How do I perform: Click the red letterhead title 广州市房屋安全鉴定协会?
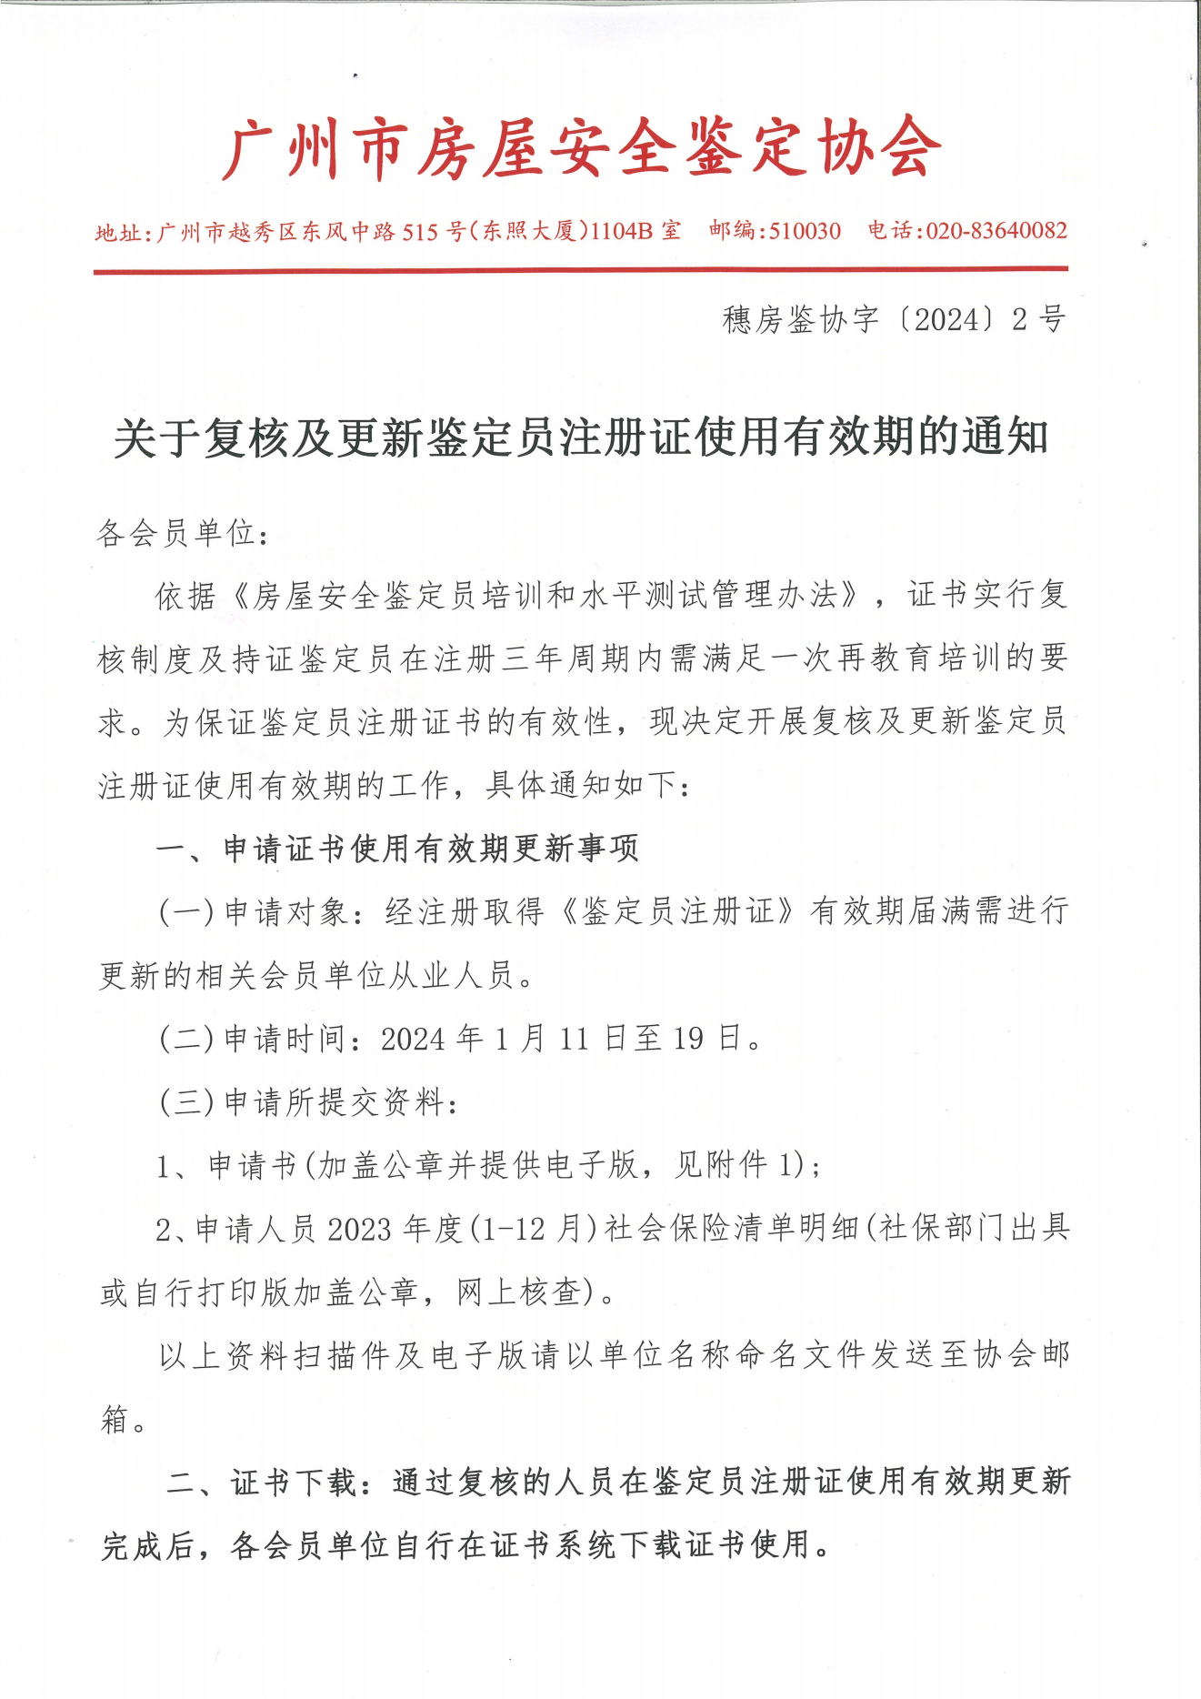pyautogui.click(x=582, y=147)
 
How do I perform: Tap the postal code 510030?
pyautogui.click(x=805, y=231)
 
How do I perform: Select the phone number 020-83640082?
pyautogui.click(x=996, y=231)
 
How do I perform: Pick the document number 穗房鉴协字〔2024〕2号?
pyautogui.click(x=894, y=319)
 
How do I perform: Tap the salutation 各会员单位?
pyautogui.click(x=176, y=533)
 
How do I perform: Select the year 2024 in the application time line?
pyautogui.click(x=414, y=1039)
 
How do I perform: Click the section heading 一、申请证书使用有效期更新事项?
pyautogui.click(x=397, y=849)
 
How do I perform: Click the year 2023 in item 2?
pyautogui.click(x=359, y=1229)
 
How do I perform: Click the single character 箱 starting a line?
pyautogui.click(x=115, y=1419)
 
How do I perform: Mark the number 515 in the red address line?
pyautogui.click(x=420, y=232)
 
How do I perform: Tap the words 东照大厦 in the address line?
pyautogui.click(x=529, y=231)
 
